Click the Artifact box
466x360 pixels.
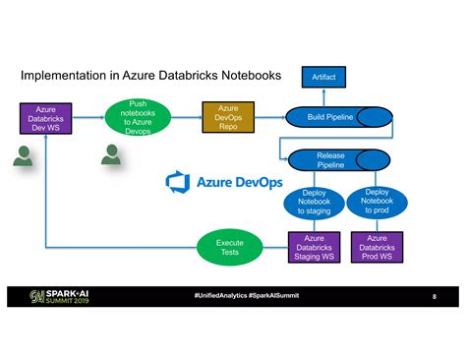(x=323, y=76)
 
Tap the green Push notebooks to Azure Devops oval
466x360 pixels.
(x=137, y=117)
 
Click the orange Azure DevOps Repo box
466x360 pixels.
(x=228, y=117)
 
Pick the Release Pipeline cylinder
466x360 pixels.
(x=330, y=160)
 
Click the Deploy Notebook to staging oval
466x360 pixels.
(x=315, y=203)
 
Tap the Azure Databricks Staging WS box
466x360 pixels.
(x=315, y=247)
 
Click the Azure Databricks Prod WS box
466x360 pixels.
(x=378, y=247)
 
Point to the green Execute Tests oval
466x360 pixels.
(x=230, y=247)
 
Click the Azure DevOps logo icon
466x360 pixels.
(x=178, y=182)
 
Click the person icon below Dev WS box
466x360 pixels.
(x=25, y=153)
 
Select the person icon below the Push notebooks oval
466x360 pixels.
(x=112, y=154)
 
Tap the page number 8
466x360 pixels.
(x=434, y=297)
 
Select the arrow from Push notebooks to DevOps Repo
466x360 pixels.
(x=185, y=117)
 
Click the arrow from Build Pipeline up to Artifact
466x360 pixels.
(x=323, y=95)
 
